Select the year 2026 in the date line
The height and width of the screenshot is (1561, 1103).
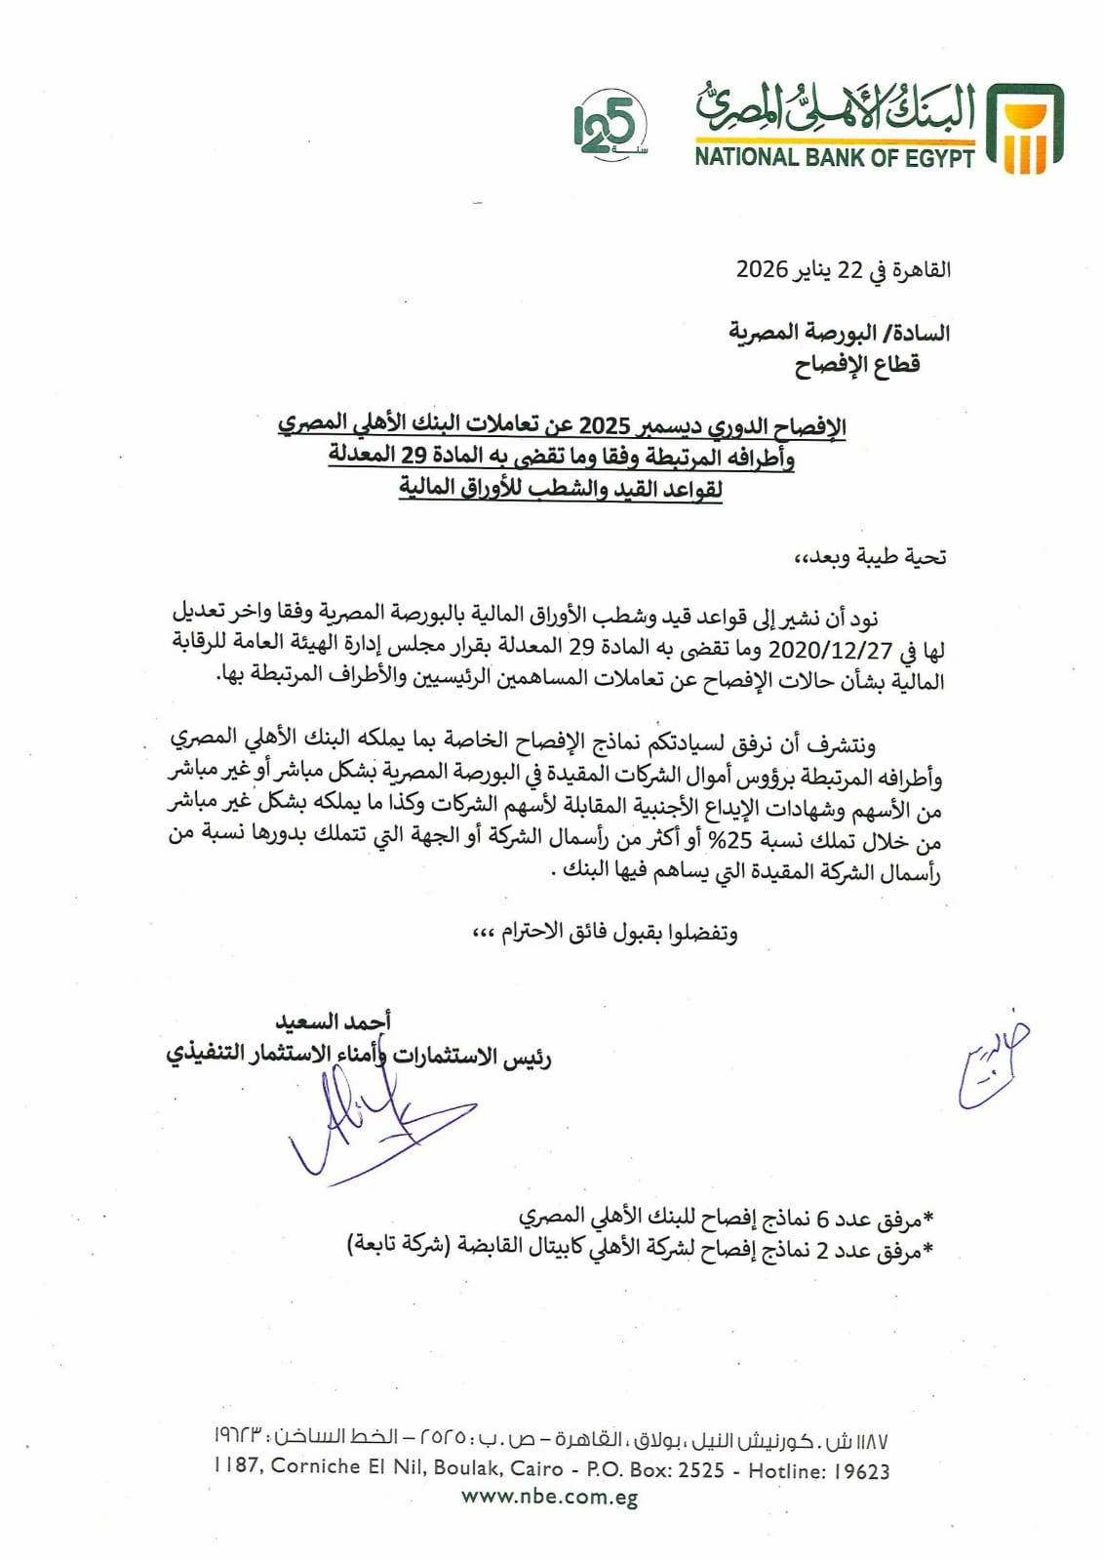pyautogui.click(x=761, y=269)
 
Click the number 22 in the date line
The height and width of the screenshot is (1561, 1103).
pyautogui.click(x=850, y=269)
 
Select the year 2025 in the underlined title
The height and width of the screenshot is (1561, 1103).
pyautogui.click(x=607, y=426)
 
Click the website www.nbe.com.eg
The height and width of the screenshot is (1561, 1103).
pyautogui.click(x=550, y=1497)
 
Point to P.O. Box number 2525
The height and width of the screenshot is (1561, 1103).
pyautogui.click(x=697, y=1469)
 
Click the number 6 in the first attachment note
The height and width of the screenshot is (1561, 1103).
pyautogui.click(x=822, y=1218)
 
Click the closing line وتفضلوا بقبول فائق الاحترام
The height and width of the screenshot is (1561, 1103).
pyautogui.click(x=605, y=932)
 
